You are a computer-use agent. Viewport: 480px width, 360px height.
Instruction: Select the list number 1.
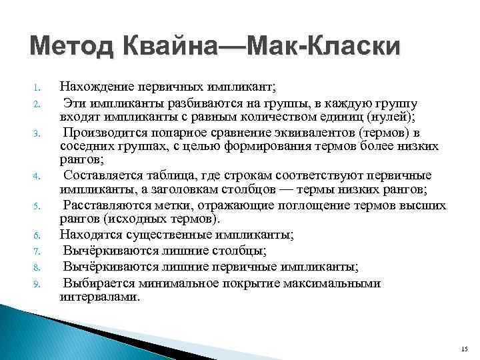(39, 87)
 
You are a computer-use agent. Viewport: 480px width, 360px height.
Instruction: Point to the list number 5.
(39, 206)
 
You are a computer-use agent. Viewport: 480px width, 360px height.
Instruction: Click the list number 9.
(39, 284)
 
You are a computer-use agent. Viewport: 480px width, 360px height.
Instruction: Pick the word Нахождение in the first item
(93, 86)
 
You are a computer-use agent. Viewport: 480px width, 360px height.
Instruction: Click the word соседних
(85, 146)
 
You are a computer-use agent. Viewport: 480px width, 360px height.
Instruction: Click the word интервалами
(100, 297)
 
